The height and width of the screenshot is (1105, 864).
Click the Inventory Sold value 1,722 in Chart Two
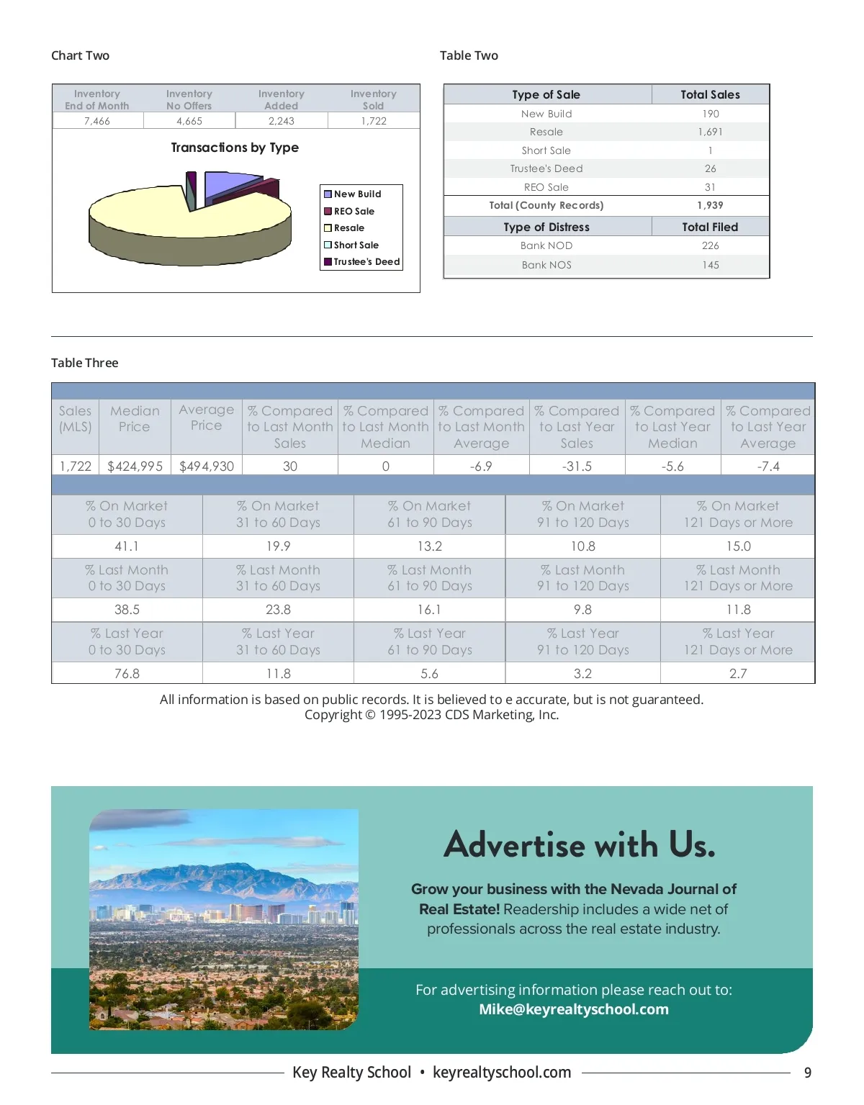point(374,121)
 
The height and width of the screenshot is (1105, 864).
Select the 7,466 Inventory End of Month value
point(97,121)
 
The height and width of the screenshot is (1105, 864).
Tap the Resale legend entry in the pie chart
point(348,228)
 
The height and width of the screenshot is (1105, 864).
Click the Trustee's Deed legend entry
point(366,262)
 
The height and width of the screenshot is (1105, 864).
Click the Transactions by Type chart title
point(235,148)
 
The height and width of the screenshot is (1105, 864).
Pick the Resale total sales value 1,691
point(710,132)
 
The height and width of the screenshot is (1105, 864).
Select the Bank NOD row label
point(546,245)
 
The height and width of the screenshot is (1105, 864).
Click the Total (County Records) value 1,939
point(710,205)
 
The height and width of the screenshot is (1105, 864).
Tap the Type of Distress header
point(546,227)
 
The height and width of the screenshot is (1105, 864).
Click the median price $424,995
point(135,466)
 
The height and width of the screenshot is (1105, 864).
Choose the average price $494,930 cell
point(207,466)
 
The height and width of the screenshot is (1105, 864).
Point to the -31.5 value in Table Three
point(577,466)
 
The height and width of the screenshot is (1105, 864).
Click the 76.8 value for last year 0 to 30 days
point(127,674)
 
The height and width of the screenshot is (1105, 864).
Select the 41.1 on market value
point(127,546)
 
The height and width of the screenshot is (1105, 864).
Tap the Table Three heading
point(85,363)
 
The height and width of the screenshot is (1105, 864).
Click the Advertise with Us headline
point(580,844)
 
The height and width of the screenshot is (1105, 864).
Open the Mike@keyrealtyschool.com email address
point(574,1009)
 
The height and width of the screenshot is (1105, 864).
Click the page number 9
point(808,1073)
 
